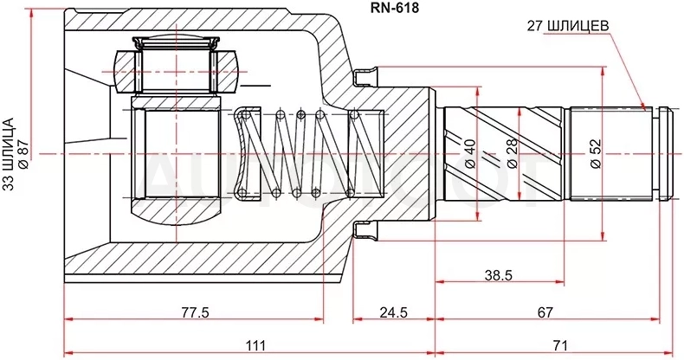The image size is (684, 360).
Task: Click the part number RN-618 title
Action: pos(394,8)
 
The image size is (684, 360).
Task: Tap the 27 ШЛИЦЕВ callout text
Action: pos(567,27)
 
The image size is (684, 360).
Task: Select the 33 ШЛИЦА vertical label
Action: pos(9,154)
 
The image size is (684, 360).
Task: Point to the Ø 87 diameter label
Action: pos(23,153)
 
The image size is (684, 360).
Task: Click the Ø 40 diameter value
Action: pos(470,154)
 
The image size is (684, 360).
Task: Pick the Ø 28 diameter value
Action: pos(512,153)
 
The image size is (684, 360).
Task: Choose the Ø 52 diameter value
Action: pos(597,154)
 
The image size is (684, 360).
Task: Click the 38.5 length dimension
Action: pos(498,275)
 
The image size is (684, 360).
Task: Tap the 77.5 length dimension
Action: pos(195,312)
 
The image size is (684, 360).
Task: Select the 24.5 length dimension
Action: pos(393,312)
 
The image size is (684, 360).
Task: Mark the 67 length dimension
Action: pos(545,312)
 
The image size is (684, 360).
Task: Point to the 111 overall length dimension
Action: pos(255,345)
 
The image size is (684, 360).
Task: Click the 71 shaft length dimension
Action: pos(559,345)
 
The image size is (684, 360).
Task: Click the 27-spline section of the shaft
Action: pos(611,154)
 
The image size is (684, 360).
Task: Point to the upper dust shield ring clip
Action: pos(365,76)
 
